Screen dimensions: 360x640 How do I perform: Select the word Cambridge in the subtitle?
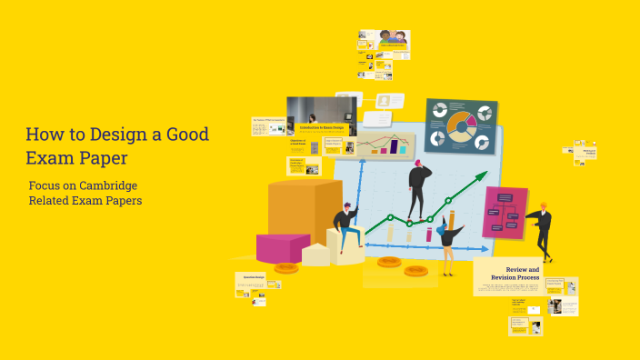click(110, 185)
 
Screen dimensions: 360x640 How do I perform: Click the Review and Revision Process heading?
click(522, 274)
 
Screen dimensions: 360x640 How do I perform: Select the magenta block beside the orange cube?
click(282, 246)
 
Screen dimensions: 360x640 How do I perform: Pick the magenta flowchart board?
click(505, 212)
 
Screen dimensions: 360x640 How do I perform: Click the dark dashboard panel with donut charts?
click(461, 125)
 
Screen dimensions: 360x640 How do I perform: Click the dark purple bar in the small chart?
click(394, 145)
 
